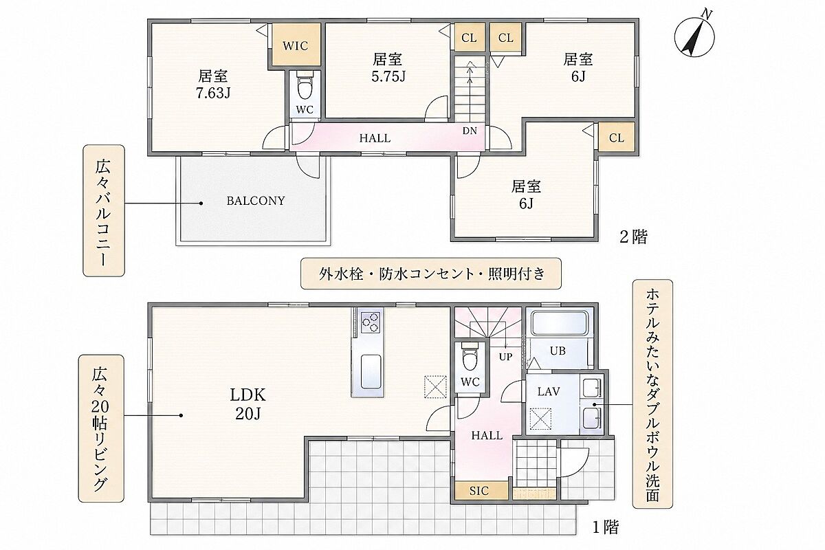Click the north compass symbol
coord(694,36)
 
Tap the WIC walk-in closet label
coord(296,45)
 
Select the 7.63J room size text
coord(213,93)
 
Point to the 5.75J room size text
coord(388,76)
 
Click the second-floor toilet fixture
coord(305,85)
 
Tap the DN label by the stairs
coord(470,131)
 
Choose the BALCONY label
coord(256,201)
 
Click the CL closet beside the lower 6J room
coord(617,137)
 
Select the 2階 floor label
coord(633,237)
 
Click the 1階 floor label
coord(606,527)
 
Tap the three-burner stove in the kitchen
coord(370,322)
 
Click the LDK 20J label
coord(247,404)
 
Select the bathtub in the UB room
coord(560,323)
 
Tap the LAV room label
coord(549,392)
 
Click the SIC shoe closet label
coord(478,491)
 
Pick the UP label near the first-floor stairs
coord(506,357)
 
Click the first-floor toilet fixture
coord(470,356)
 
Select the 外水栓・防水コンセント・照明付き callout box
coord(431,274)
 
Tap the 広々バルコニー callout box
coord(104,210)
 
